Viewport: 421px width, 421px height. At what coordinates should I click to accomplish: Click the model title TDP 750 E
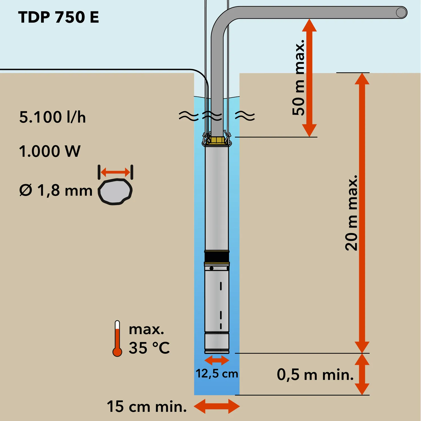[59, 17]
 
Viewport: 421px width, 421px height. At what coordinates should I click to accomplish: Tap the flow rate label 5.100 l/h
[52, 117]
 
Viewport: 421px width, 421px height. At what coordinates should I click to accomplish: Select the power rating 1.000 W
[50, 151]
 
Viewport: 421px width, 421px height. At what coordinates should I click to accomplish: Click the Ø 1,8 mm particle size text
[56, 191]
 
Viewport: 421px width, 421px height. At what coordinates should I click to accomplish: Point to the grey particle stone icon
[115, 192]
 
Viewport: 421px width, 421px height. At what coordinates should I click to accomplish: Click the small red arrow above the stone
[115, 172]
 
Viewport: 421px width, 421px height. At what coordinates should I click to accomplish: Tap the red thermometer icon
[117, 339]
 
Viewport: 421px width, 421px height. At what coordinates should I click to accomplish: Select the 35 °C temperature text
[149, 348]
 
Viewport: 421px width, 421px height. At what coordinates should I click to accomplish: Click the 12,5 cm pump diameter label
[217, 374]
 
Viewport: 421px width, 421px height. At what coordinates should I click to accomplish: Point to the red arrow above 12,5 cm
[217, 360]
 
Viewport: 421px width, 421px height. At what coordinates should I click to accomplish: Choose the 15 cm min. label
[147, 406]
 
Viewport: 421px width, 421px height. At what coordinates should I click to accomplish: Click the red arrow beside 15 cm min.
[217, 406]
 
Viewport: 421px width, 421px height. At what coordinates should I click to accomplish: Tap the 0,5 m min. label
[315, 374]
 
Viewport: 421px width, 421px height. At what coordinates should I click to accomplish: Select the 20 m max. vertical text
[351, 212]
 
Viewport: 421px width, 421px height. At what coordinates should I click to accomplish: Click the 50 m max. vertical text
[298, 77]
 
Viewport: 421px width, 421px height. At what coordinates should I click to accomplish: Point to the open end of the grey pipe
[401, 13]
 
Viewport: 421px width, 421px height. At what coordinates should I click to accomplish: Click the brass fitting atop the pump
[217, 140]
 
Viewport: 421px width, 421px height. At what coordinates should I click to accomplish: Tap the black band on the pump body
[217, 256]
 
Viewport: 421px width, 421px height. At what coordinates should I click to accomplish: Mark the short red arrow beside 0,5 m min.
[362, 374]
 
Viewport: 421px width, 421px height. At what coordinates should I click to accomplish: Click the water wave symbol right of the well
[245, 115]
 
